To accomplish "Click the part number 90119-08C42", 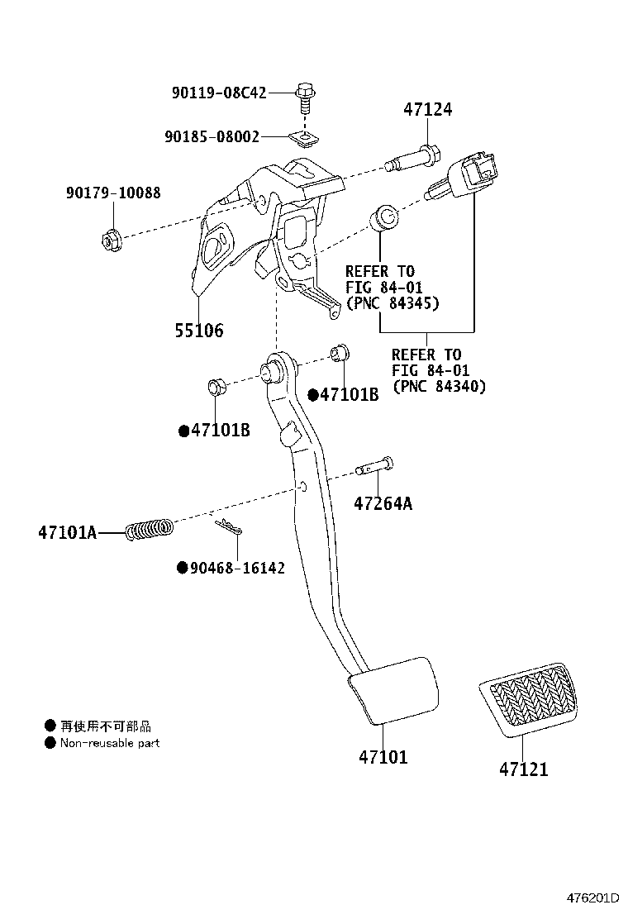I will [219, 93].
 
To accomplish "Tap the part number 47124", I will [427, 109].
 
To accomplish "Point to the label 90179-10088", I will [113, 193].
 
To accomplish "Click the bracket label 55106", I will [198, 331].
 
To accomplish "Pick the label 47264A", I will [383, 502].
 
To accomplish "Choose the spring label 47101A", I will [66, 532].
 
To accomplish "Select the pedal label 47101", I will [383, 756].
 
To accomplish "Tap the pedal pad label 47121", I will [523, 769].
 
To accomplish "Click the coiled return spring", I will [150, 529].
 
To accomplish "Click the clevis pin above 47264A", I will [374, 470].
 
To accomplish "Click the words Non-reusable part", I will [109, 743].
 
